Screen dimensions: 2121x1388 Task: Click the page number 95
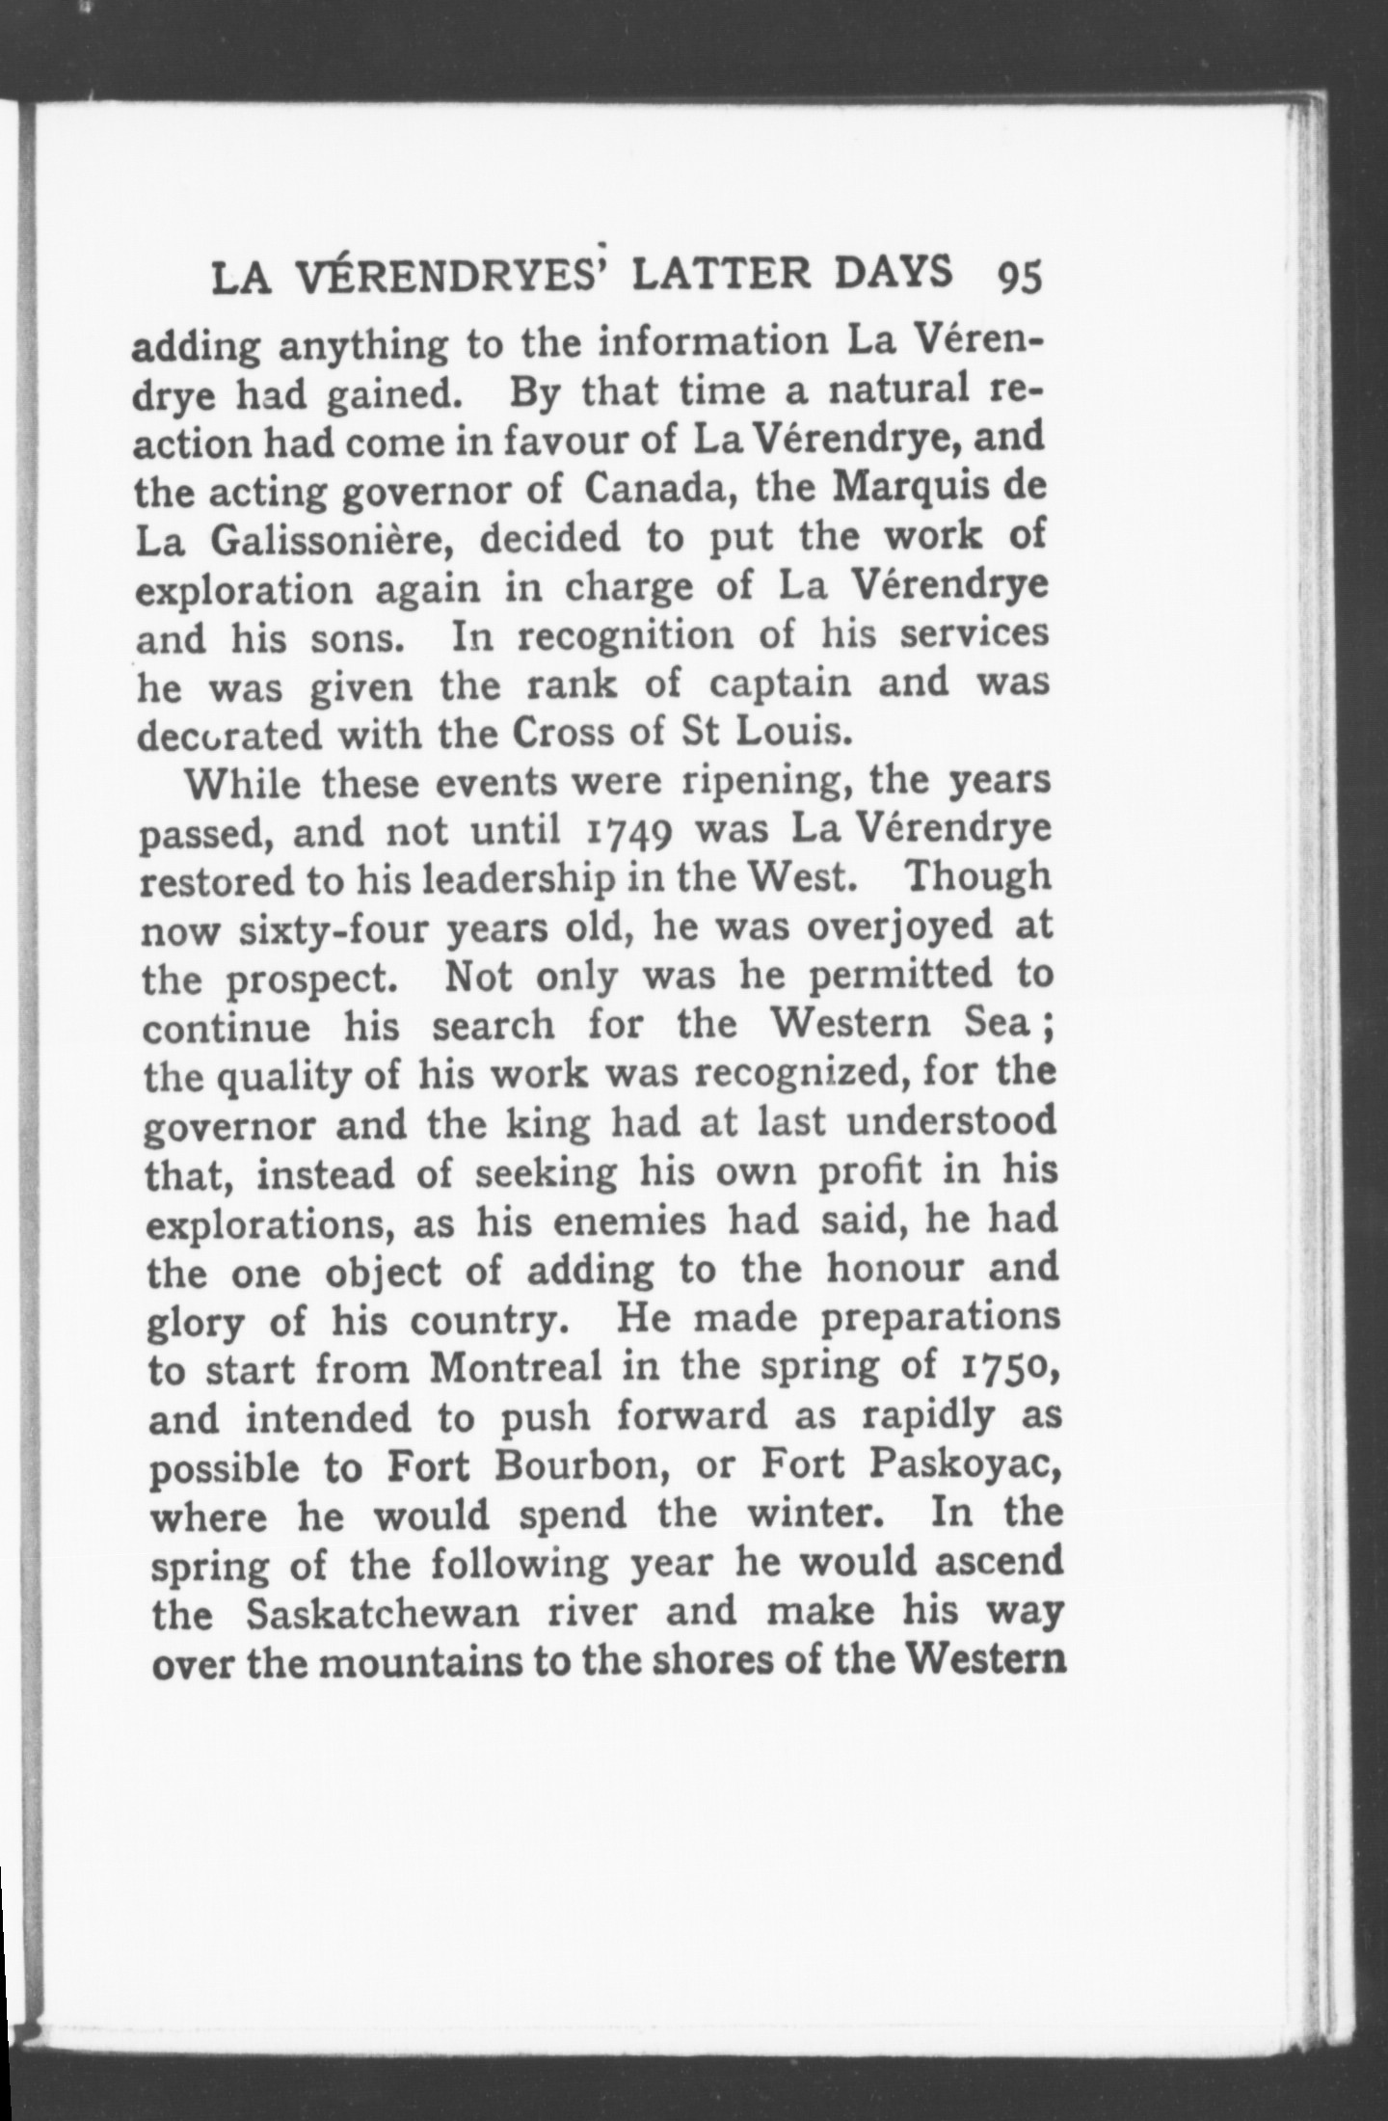[1020, 277]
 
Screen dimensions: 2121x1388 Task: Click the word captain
[782, 684]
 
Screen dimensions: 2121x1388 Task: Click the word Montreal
[518, 1367]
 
